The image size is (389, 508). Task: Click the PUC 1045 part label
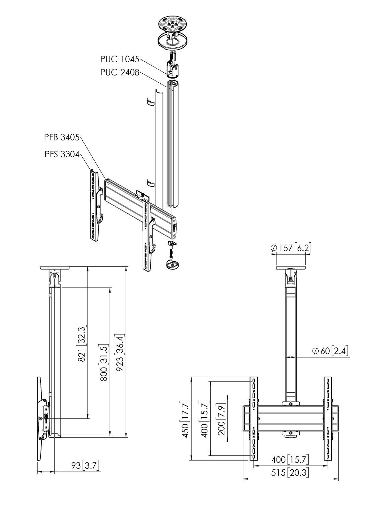tap(119, 59)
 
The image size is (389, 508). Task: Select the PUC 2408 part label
tap(119, 72)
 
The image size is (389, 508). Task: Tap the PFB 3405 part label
tap(62, 137)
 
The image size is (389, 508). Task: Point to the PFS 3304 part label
tap(62, 154)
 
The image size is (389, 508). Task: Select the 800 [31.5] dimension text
tap(104, 362)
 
